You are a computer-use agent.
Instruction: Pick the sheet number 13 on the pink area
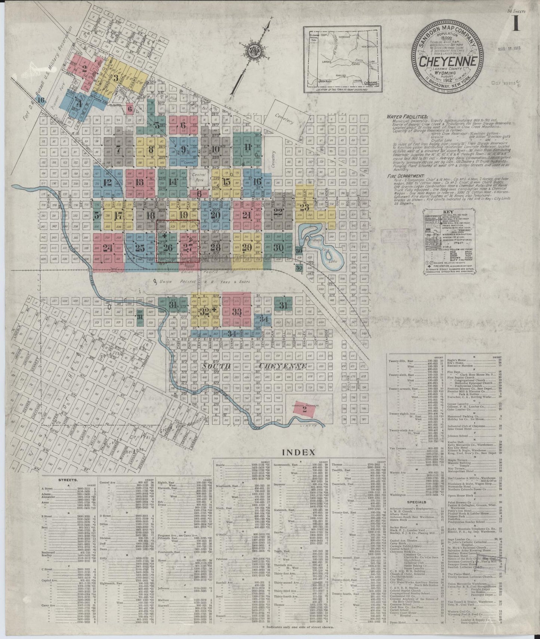140,183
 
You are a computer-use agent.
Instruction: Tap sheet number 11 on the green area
247,146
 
